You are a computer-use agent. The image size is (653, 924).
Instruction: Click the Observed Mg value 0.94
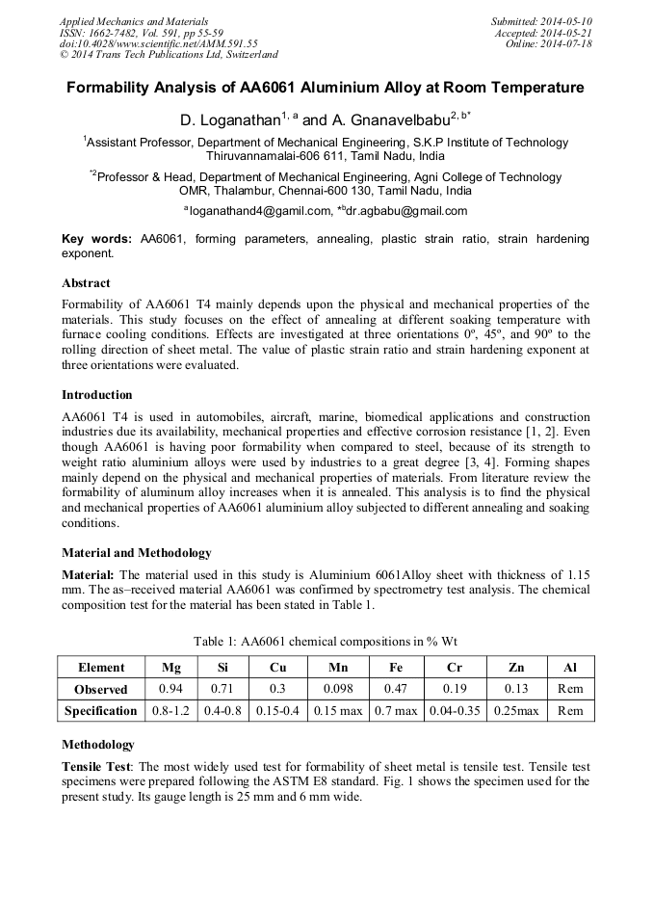(170, 689)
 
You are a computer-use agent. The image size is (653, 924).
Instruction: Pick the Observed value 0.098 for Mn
(337, 689)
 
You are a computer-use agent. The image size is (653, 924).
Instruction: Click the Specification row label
(101, 711)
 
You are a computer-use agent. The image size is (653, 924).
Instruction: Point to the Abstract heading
(86, 283)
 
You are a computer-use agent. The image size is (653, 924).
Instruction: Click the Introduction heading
(97, 395)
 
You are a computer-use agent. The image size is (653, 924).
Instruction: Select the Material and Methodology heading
(136, 553)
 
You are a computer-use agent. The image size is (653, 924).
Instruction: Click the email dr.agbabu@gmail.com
(407, 211)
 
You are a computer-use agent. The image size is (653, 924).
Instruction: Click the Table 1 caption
(326, 641)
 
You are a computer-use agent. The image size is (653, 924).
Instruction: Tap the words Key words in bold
(97, 239)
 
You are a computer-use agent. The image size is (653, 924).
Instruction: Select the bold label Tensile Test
(95, 767)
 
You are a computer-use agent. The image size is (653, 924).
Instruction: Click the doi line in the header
(159, 43)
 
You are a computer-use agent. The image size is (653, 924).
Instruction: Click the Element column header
(101, 667)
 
